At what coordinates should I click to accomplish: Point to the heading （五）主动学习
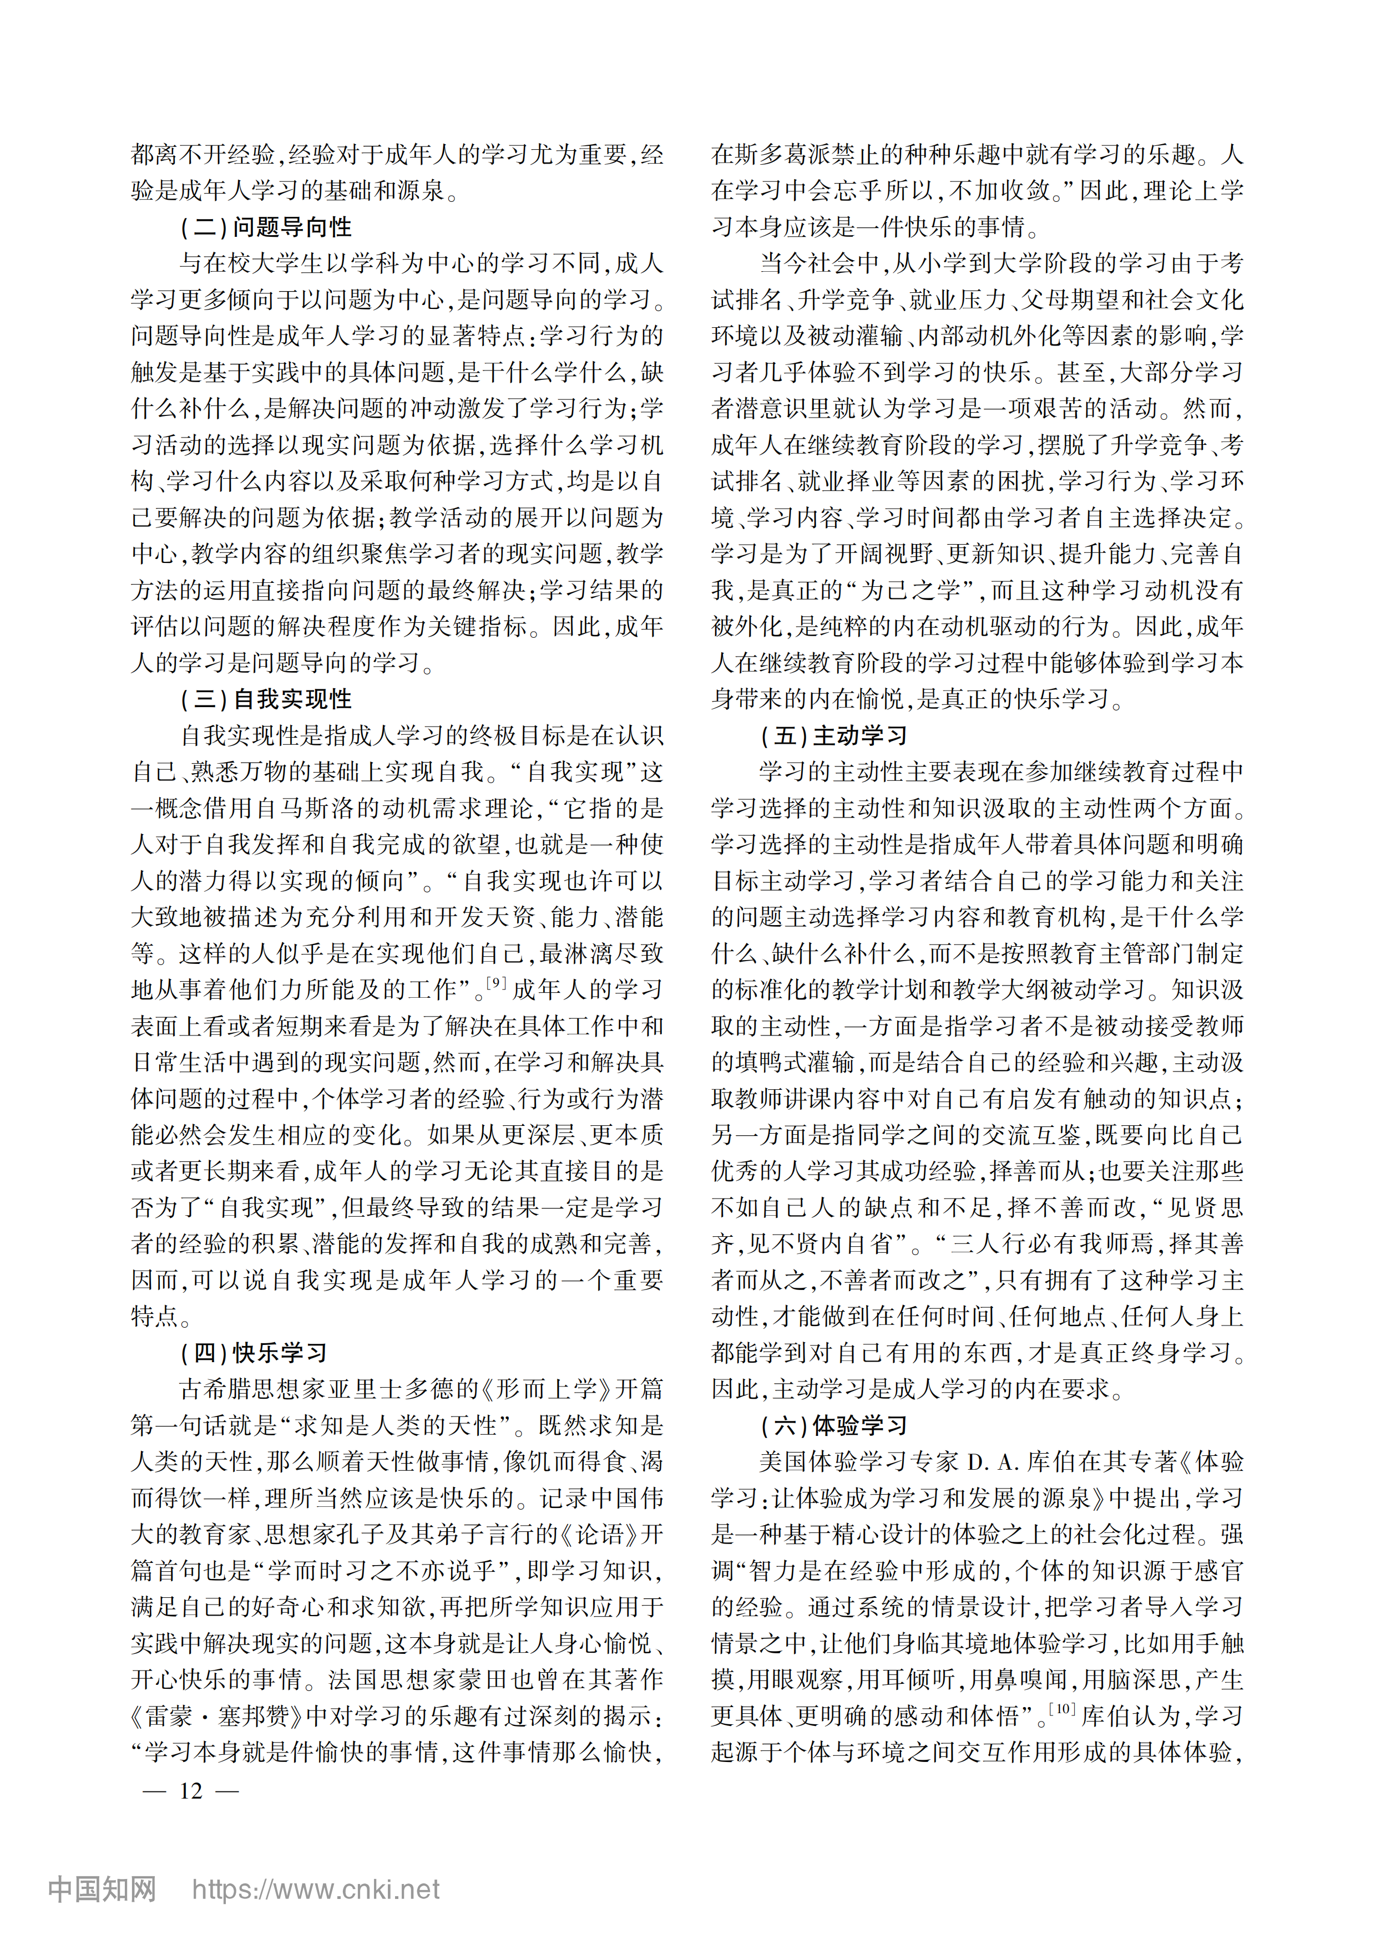834,735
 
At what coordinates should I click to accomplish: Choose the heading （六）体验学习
834,1426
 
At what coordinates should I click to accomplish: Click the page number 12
191,1790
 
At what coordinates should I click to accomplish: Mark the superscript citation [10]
1061,1709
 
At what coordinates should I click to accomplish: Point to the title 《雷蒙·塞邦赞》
217,1717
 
